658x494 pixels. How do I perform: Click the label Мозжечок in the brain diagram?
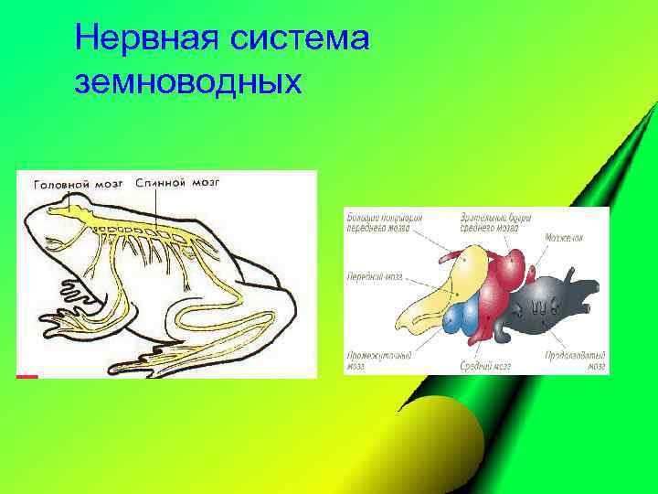[x=564, y=237]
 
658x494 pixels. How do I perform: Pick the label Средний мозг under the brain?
[x=484, y=364]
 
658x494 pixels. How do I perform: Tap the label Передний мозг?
[x=375, y=275]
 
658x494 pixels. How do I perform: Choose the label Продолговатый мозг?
[x=575, y=360]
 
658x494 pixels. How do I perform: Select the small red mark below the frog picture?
[x=27, y=376]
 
